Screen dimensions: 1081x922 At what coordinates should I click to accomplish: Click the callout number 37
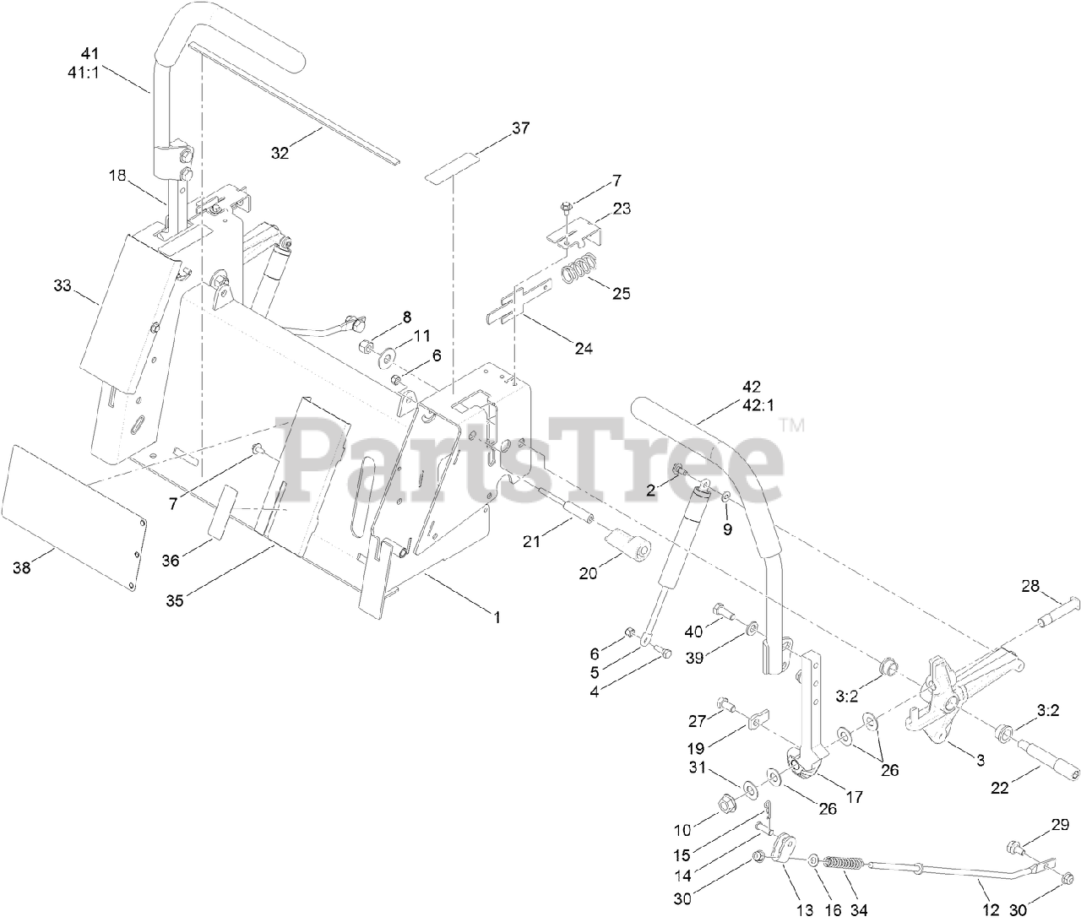click(520, 128)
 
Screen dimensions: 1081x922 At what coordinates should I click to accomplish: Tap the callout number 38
click(22, 568)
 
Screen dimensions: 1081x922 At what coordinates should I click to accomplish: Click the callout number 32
click(280, 153)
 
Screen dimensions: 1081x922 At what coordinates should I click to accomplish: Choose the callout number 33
click(62, 286)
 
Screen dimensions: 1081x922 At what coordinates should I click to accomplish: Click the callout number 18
click(117, 176)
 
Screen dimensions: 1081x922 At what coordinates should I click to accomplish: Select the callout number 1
click(497, 617)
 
